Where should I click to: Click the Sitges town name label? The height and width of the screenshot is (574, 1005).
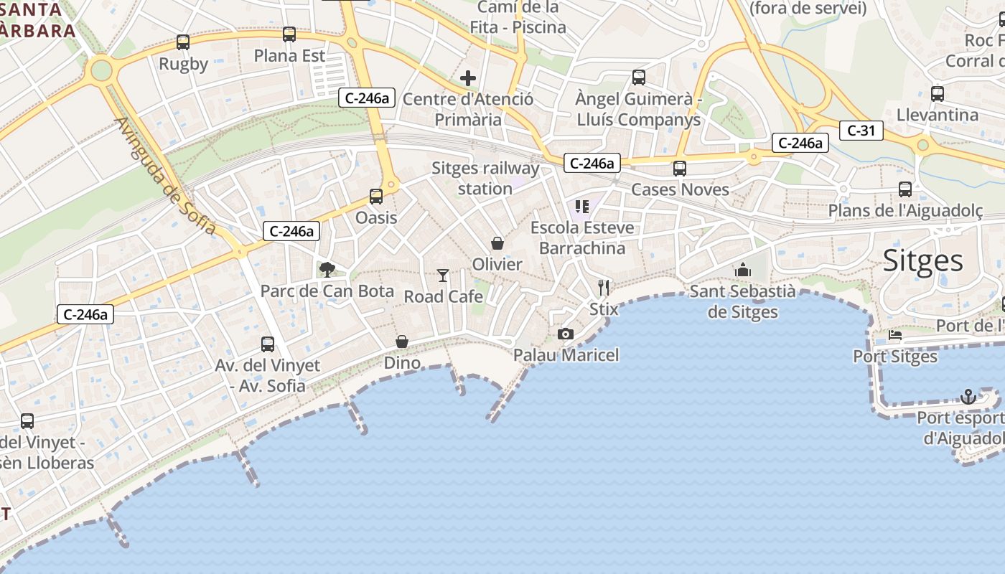coord(922,260)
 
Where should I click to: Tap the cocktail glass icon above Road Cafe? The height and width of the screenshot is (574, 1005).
coord(443,276)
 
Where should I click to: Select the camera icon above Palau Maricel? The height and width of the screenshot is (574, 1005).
coord(566,334)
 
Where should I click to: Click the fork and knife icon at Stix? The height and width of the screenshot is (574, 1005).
coord(604,288)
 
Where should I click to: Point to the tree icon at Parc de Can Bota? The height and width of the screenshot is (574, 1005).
coord(327,270)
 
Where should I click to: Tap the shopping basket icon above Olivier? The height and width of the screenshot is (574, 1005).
coord(497,244)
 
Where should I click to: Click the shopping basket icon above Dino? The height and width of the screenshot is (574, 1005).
coord(402,342)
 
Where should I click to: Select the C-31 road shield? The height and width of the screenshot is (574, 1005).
coord(861,131)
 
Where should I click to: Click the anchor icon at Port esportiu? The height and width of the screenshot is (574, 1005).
coord(968,397)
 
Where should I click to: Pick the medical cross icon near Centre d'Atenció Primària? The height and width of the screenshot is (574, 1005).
coord(468,78)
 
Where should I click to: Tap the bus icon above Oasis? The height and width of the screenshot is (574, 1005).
coord(376,196)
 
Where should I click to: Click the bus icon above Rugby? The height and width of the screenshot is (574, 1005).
coord(183,42)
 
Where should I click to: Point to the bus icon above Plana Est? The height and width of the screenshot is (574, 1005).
coord(289,34)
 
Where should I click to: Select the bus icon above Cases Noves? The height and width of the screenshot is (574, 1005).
coord(679,169)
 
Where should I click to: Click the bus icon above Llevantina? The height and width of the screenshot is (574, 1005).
coord(938,93)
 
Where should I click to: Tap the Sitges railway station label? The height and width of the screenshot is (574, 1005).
coord(485,179)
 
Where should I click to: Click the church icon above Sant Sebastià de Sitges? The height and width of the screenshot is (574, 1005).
coord(743,270)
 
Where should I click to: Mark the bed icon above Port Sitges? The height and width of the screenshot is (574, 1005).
coord(894,335)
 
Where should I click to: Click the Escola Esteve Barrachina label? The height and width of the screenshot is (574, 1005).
coord(582,237)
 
